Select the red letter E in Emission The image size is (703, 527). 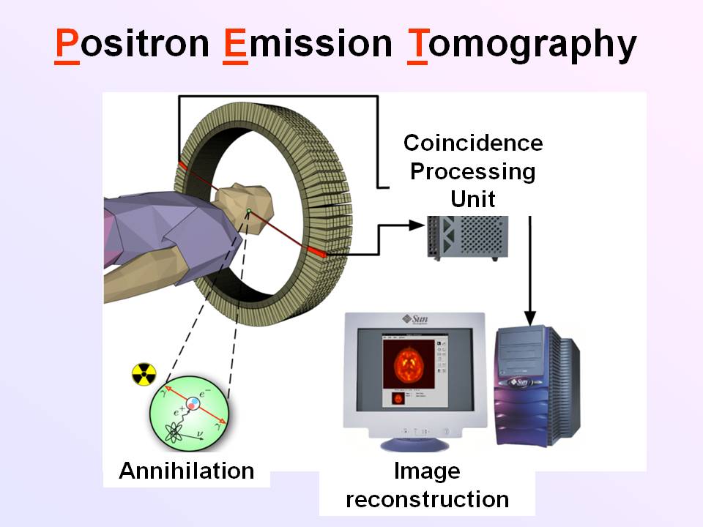pyautogui.click(x=235, y=45)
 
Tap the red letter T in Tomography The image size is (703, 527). pyautogui.click(x=417, y=45)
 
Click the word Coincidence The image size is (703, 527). pyautogui.click(x=473, y=143)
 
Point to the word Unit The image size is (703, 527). pyautogui.click(x=473, y=198)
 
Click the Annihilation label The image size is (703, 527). pyautogui.click(x=186, y=471)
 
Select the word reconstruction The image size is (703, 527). pyautogui.click(x=427, y=499)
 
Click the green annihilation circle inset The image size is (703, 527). pyautogui.click(x=188, y=414)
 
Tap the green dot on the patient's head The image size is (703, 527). pyautogui.click(x=249, y=212)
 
